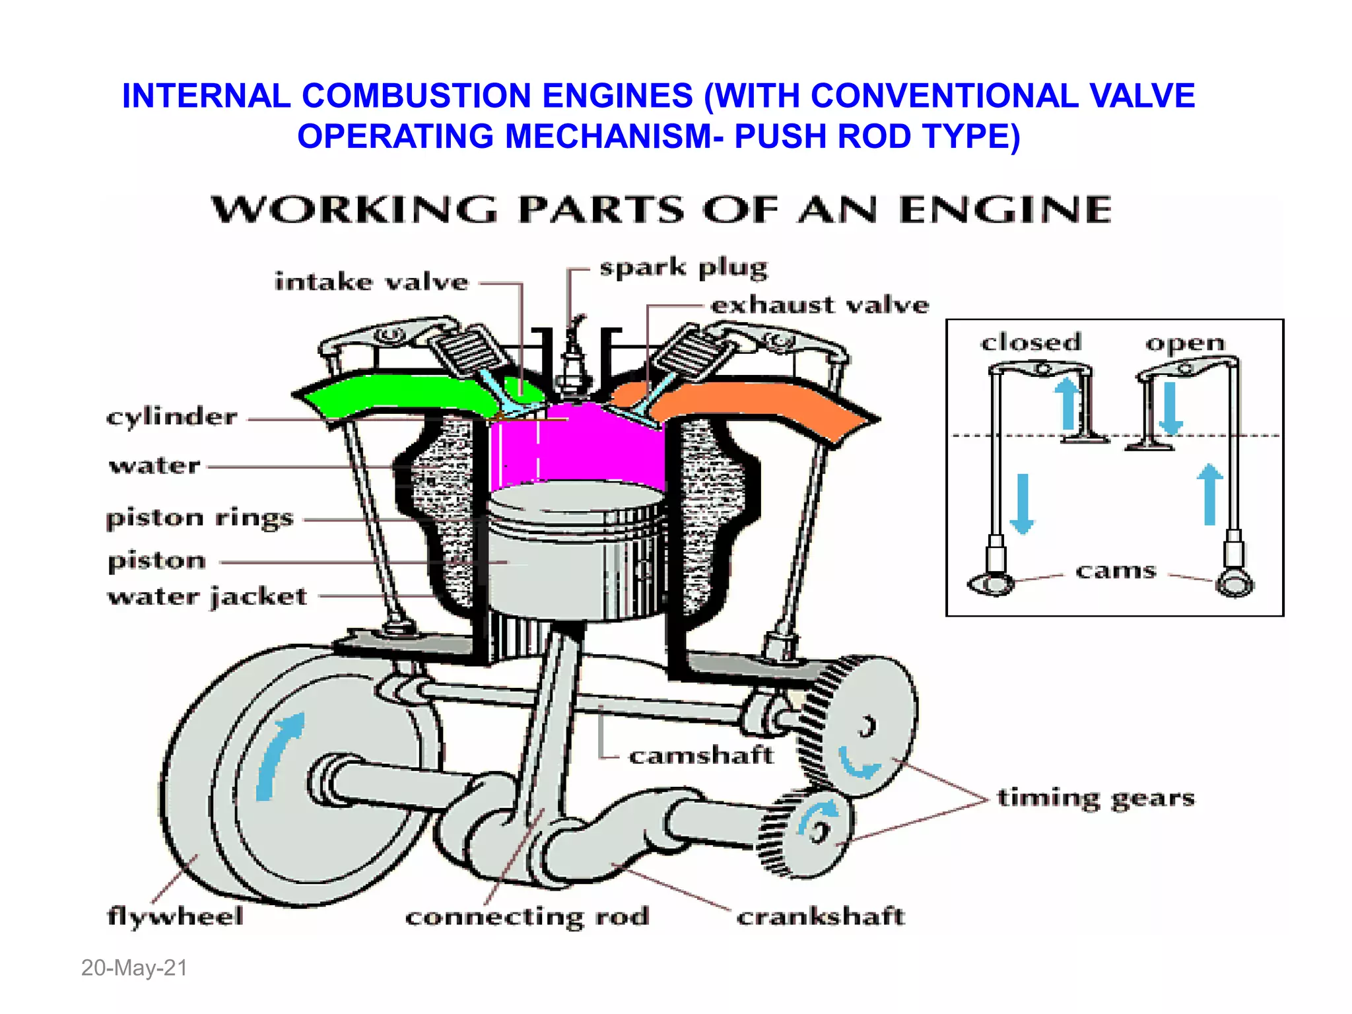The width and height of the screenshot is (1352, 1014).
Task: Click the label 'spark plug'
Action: point(683,269)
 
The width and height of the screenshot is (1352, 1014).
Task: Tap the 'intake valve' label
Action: point(372,283)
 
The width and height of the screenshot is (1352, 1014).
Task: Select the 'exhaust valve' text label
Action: point(820,305)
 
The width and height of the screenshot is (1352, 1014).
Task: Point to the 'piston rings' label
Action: point(200,518)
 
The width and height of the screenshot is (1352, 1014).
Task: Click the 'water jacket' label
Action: point(207,597)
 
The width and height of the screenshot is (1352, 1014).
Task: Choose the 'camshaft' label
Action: point(700,755)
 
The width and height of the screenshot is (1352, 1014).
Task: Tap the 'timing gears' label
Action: point(1096,799)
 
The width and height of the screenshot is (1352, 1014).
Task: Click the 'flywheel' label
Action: point(176,916)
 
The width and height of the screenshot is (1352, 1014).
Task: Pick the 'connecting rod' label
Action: point(527,917)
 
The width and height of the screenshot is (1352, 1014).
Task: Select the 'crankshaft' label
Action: point(821,916)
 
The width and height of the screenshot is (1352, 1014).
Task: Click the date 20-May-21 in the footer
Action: point(134,968)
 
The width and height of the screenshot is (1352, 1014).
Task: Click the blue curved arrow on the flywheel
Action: point(277,756)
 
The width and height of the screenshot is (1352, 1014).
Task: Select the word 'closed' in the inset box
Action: point(1031,343)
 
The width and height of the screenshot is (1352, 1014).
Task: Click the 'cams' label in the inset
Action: point(1116,570)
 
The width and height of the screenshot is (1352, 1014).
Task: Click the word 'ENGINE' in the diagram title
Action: point(1005,210)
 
